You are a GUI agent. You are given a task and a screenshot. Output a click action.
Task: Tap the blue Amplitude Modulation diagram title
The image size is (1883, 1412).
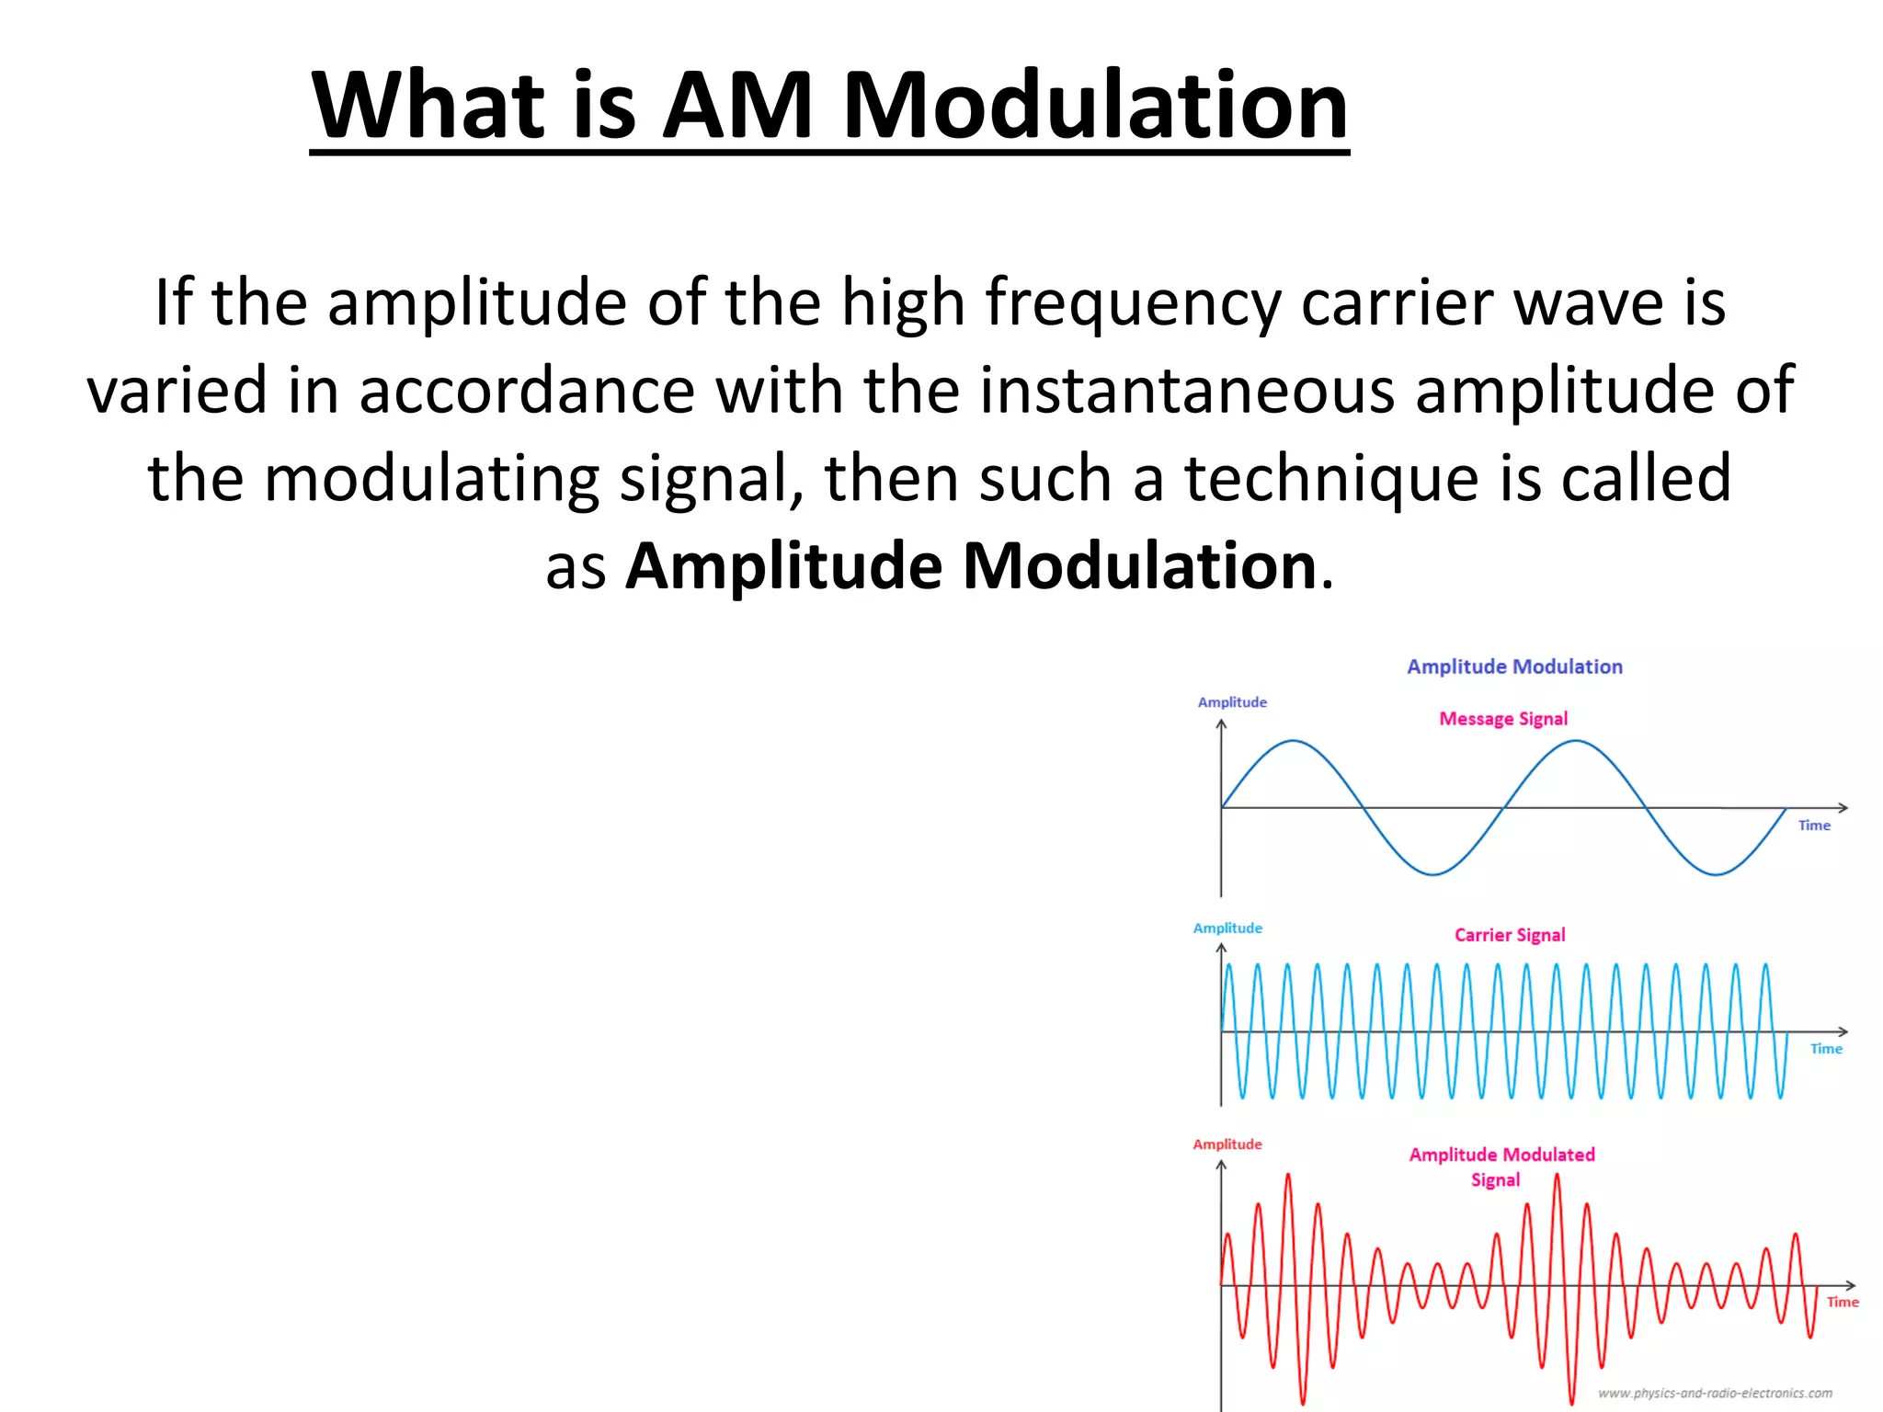[x=1514, y=667]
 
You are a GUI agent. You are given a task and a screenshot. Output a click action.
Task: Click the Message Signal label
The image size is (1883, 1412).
[x=1503, y=719]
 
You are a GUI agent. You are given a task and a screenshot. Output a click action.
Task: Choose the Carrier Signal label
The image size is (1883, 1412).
[x=1509, y=935]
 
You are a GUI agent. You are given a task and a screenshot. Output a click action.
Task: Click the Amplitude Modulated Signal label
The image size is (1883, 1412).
[x=1501, y=1167]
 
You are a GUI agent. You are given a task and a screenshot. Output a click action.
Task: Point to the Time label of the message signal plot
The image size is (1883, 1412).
[x=1814, y=826]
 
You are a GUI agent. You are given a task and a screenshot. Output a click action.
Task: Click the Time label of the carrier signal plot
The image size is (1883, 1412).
[x=1826, y=1049]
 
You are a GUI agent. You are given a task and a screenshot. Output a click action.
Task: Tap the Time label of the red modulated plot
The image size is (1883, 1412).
[x=1842, y=1302]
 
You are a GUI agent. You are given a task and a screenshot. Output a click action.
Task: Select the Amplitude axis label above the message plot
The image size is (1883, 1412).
[x=1232, y=702]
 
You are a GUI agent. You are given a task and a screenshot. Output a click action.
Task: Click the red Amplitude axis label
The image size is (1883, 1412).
[x=1227, y=1144]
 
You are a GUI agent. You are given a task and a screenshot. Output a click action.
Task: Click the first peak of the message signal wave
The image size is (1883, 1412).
[x=1294, y=741]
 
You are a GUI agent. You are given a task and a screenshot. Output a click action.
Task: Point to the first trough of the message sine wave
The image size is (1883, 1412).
[x=1433, y=873]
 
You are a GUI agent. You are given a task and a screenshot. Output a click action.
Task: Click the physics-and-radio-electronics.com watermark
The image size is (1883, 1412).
[x=1715, y=1394]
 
